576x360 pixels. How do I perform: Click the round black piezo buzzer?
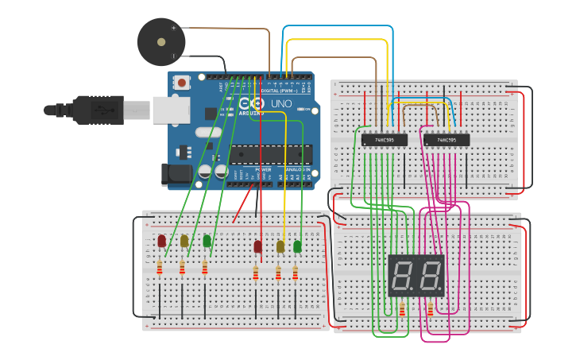coord(160,41)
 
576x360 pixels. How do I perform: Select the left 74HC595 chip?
coord(385,140)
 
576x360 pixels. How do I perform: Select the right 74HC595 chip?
coord(446,140)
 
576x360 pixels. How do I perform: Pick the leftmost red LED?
coord(162,241)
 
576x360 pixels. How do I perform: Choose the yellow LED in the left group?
coord(184,241)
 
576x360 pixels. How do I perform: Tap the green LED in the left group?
coord(207,241)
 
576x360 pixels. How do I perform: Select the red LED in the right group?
coord(257,247)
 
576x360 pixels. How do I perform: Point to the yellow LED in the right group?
coord(280,247)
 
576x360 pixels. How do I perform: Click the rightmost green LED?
coord(298,247)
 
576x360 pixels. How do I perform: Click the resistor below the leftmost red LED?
coord(160,268)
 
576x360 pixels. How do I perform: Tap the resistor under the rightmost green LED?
coord(296,273)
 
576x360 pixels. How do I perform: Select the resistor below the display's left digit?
coord(402,309)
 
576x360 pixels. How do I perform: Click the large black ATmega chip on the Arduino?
coord(266,156)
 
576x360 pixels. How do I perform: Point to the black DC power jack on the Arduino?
coord(172,175)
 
